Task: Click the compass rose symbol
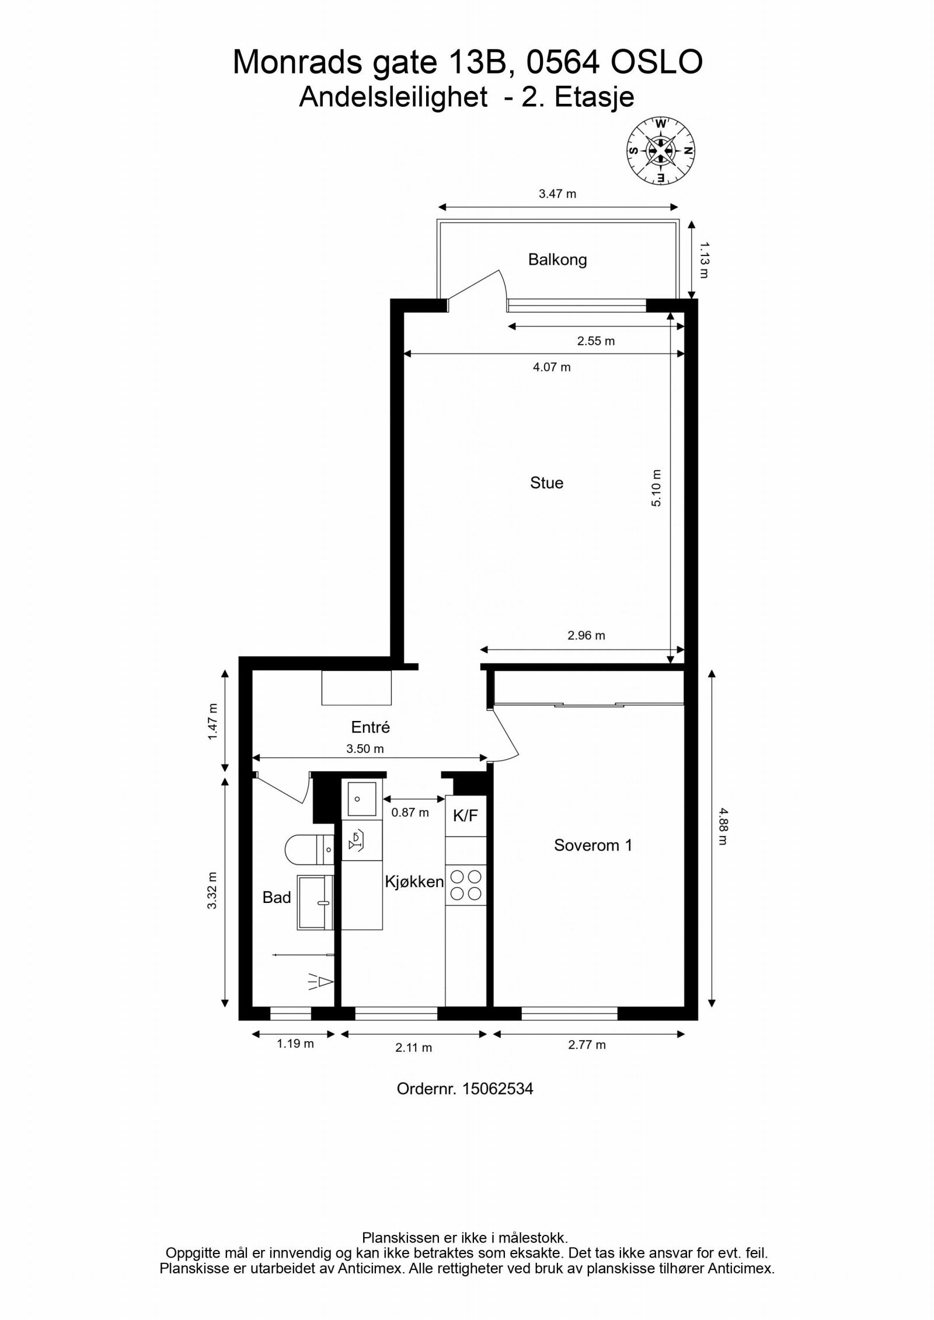click(661, 150)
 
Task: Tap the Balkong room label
click(557, 259)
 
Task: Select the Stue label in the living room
click(546, 482)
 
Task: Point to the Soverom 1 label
click(593, 845)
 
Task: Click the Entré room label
click(370, 727)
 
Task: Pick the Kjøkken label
click(414, 881)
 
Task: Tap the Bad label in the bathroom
click(277, 897)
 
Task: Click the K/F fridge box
click(466, 815)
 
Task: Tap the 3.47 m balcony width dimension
click(557, 194)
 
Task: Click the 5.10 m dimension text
click(656, 488)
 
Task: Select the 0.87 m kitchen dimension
click(410, 812)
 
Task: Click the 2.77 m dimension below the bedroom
click(587, 1045)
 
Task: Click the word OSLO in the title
click(656, 62)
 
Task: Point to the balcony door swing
click(478, 286)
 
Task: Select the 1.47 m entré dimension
click(212, 722)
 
